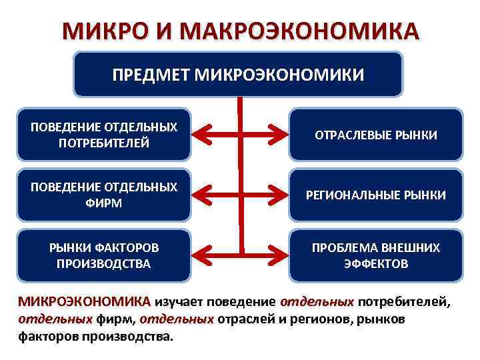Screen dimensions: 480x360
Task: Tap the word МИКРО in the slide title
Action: tap(99, 31)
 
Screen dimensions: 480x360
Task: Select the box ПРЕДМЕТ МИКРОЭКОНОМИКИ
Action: tap(238, 74)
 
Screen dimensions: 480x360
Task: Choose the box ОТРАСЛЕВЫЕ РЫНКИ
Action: tap(375, 135)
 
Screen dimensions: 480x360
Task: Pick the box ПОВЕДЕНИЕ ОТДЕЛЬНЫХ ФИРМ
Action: tap(104, 195)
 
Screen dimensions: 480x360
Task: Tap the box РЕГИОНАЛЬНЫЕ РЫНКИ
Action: tap(375, 195)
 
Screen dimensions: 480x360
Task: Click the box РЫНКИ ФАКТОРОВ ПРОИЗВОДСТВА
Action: tap(104, 255)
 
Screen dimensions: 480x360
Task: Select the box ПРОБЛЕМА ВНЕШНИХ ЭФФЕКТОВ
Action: tap(375, 255)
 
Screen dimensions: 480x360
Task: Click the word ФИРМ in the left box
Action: tap(104, 202)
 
